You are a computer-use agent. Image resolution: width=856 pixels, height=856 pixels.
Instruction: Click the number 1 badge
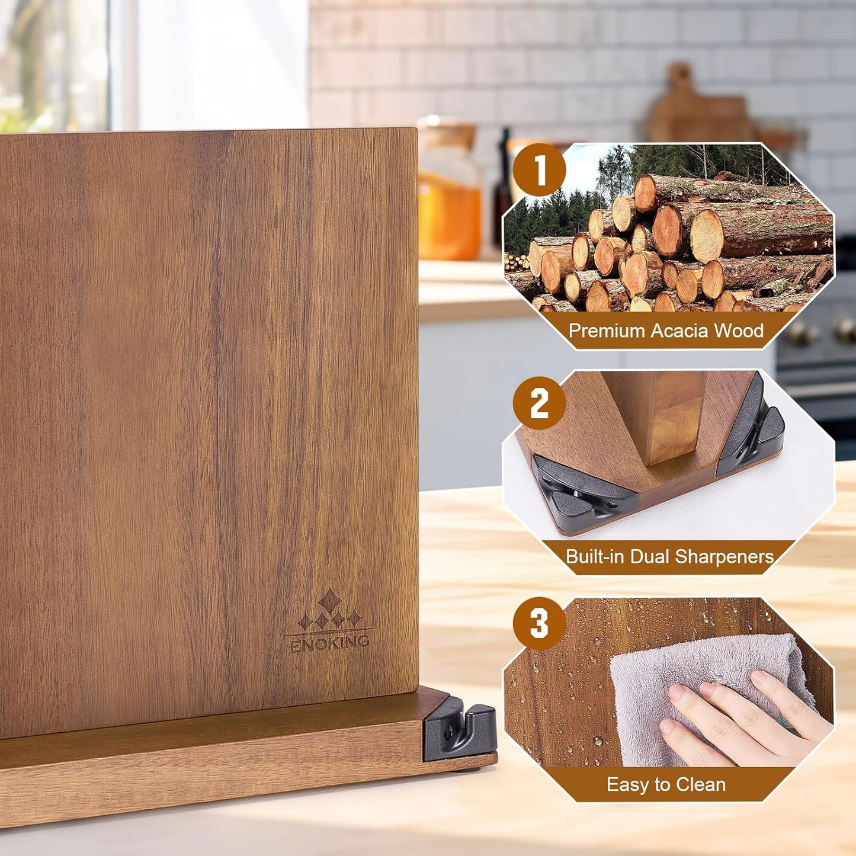click(x=540, y=171)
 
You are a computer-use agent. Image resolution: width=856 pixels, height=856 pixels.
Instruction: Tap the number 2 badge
click(x=539, y=403)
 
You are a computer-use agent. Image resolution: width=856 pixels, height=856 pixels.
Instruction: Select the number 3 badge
click(x=539, y=623)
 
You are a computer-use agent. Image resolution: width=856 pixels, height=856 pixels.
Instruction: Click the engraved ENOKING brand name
click(x=330, y=643)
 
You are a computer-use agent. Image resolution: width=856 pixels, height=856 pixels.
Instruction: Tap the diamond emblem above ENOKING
click(x=329, y=610)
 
